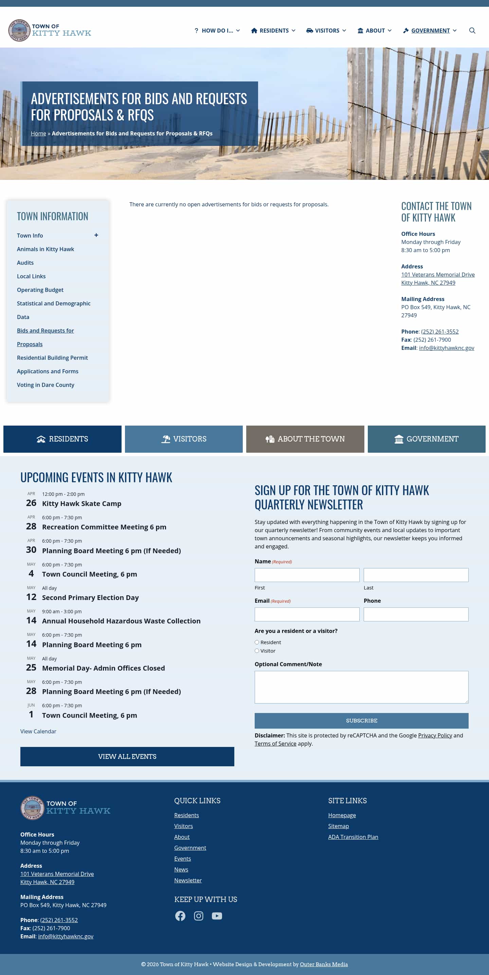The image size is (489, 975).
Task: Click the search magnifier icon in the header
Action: pyautogui.click(x=472, y=31)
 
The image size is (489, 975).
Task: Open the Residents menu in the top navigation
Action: pyautogui.click(x=273, y=31)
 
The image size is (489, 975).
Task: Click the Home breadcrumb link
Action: pyautogui.click(x=38, y=134)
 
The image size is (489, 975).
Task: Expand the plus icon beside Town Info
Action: pyautogui.click(x=96, y=236)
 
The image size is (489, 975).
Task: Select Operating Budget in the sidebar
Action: pyautogui.click(x=40, y=290)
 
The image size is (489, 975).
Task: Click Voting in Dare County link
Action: pyautogui.click(x=46, y=385)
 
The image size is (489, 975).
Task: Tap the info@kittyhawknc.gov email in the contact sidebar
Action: pyautogui.click(x=446, y=348)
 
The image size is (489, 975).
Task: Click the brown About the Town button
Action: pyautogui.click(x=305, y=439)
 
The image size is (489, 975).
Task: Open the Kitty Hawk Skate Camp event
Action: pyautogui.click(x=81, y=503)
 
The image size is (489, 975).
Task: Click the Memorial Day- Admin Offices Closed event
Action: pyautogui.click(x=104, y=668)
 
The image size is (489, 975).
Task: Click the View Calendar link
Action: pyautogui.click(x=38, y=731)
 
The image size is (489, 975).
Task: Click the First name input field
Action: pyautogui.click(x=307, y=575)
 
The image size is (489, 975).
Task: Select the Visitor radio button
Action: pyautogui.click(x=257, y=651)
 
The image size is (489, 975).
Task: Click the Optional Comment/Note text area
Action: pyautogui.click(x=361, y=687)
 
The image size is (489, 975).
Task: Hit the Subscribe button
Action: pyautogui.click(x=361, y=721)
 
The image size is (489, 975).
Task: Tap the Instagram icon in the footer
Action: pyautogui.click(x=198, y=916)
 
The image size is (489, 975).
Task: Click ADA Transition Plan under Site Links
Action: pyautogui.click(x=353, y=837)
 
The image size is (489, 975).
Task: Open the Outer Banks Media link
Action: pyautogui.click(x=324, y=964)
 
